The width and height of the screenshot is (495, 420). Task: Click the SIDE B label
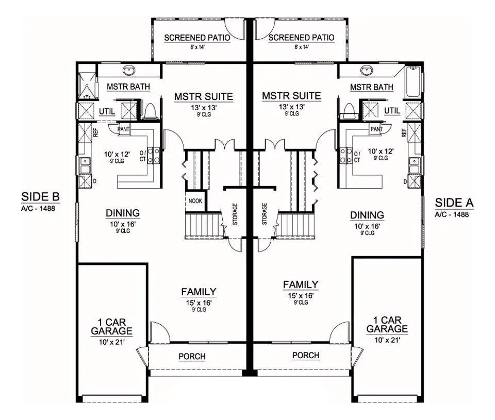pyautogui.click(x=40, y=196)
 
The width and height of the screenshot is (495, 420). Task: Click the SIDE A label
pyautogui.click(x=454, y=203)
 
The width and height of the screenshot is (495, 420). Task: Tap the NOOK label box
pyautogui.click(x=195, y=200)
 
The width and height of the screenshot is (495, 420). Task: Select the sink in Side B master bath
pyautogui.click(x=129, y=71)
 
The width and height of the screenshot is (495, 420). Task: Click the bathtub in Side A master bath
pyautogui.click(x=413, y=81)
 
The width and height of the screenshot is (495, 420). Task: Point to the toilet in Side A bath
pyautogui.click(x=349, y=111)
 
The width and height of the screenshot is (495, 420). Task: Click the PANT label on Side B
pyautogui.click(x=123, y=129)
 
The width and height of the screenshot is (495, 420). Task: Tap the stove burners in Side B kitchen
pyautogui.click(x=154, y=156)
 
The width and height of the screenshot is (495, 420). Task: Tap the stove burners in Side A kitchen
pyautogui.click(x=345, y=156)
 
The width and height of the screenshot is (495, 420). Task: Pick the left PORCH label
pyautogui.click(x=192, y=357)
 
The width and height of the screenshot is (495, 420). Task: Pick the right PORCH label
pyautogui.click(x=306, y=355)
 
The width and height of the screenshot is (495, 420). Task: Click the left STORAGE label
pyautogui.click(x=235, y=214)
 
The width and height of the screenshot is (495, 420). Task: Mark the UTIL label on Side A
pyautogui.click(x=392, y=111)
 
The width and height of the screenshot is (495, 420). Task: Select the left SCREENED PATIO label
pyautogui.click(x=197, y=38)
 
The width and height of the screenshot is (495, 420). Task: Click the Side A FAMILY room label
pyautogui.click(x=301, y=284)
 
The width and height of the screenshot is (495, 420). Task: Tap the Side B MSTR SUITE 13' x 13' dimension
pyautogui.click(x=204, y=108)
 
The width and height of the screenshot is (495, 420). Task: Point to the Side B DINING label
pyautogui.click(x=123, y=213)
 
